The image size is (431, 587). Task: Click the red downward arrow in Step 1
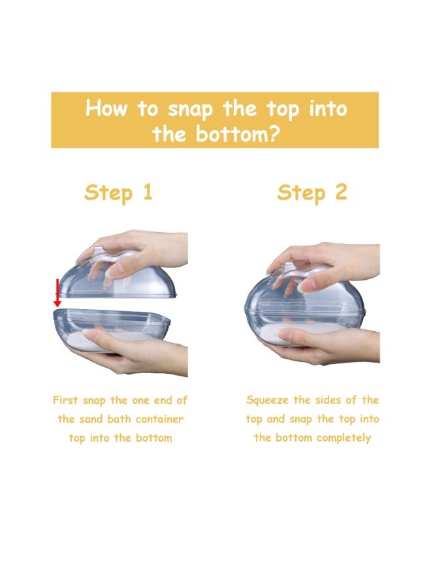pos(57,293)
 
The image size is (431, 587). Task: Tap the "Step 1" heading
pos(118,193)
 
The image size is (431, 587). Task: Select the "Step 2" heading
pos(311,193)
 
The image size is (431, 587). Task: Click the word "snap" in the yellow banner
pos(190,110)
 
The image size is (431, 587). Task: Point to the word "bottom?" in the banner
pos(238,133)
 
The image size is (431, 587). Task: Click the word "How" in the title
pos(106,108)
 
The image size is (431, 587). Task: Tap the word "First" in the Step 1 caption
pos(65,400)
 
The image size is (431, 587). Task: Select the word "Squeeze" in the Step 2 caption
pos(267,400)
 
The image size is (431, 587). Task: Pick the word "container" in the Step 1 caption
pos(159,419)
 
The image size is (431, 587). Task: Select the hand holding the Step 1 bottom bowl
pos(135,352)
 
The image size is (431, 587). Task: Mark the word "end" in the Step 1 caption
pos(163,400)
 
